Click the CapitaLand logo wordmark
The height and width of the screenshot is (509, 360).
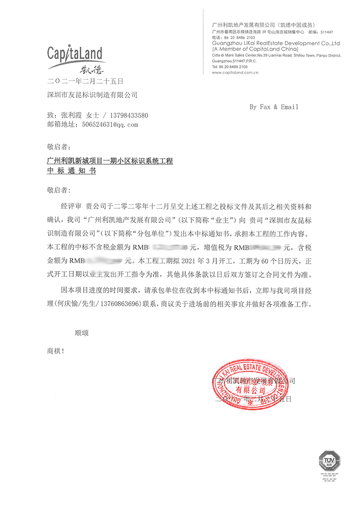[x=75, y=54]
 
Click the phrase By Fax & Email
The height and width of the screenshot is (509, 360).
[x=274, y=107]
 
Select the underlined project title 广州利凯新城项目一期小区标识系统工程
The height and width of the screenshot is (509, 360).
[x=110, y=161]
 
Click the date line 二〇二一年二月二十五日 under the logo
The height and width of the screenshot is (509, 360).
[x=85, y=81]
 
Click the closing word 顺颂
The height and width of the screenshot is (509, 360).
[x=81, y=333]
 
